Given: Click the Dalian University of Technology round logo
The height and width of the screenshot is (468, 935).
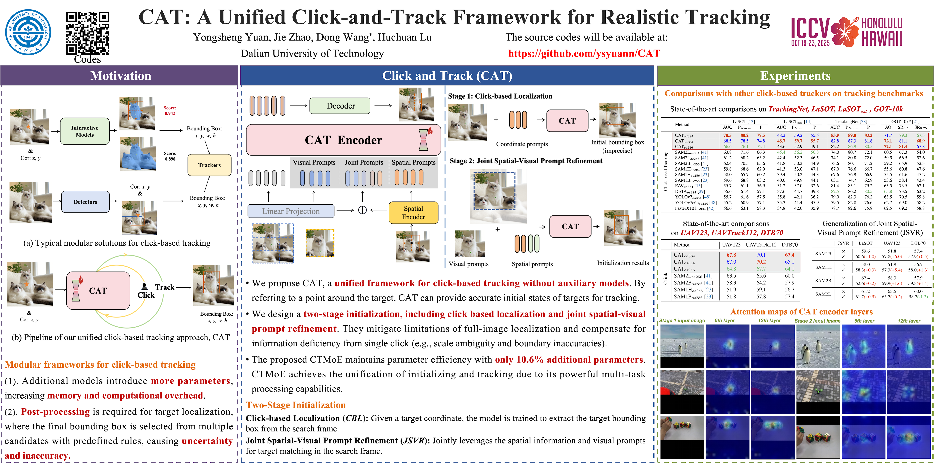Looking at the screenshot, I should pyautogui.click(x=28, y=32).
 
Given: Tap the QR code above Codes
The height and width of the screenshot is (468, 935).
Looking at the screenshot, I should pyautogui.click(x=87, y=33).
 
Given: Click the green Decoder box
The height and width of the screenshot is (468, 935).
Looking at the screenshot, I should pyautogui.click(x=340, y=106).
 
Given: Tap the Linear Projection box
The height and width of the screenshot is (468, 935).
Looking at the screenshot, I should pyautogui.click(x=291, y=211).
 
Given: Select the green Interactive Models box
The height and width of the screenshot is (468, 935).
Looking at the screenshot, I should pyautogui.click(x=85, y=131).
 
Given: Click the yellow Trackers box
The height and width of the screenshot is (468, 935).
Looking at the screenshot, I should pyautogui.click(x=209, y=165).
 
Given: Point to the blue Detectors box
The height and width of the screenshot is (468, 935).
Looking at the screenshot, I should pyautogui.click(x=85, y=202).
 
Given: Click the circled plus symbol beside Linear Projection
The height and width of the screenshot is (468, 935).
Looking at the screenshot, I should pyautogui.click(x=362, y=210).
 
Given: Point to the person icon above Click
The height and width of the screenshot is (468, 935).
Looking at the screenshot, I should pyautogui.click(x=145, y=286).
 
